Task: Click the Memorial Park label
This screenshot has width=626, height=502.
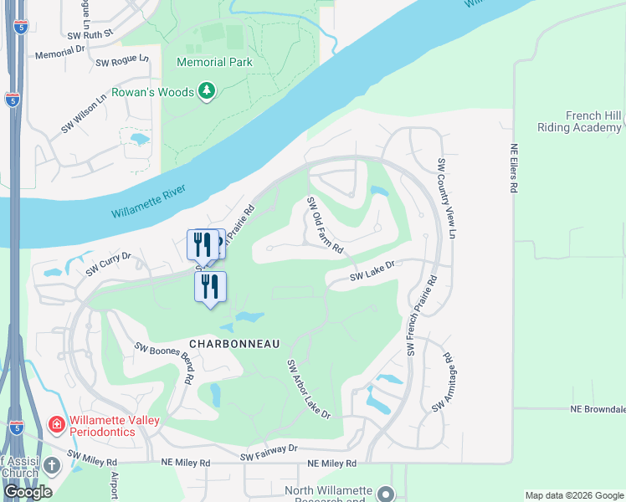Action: point(213,62)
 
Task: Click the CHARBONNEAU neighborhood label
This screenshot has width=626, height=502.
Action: point(233,344)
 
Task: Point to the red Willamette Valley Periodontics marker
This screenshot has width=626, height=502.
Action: point(57,425)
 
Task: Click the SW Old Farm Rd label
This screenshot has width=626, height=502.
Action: point(325,225)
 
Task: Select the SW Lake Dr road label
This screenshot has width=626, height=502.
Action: point(372,269)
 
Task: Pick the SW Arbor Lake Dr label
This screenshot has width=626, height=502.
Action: point(309,390)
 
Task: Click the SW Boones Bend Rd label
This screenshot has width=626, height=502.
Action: point(165,361)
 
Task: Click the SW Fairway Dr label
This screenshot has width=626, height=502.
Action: point(269,453)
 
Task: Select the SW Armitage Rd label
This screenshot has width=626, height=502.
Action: point(442,382)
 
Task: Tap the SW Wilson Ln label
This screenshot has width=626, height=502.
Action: point(84,113)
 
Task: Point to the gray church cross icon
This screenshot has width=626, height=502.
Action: point(52,464)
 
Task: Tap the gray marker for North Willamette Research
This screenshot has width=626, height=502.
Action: point(385,493)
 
